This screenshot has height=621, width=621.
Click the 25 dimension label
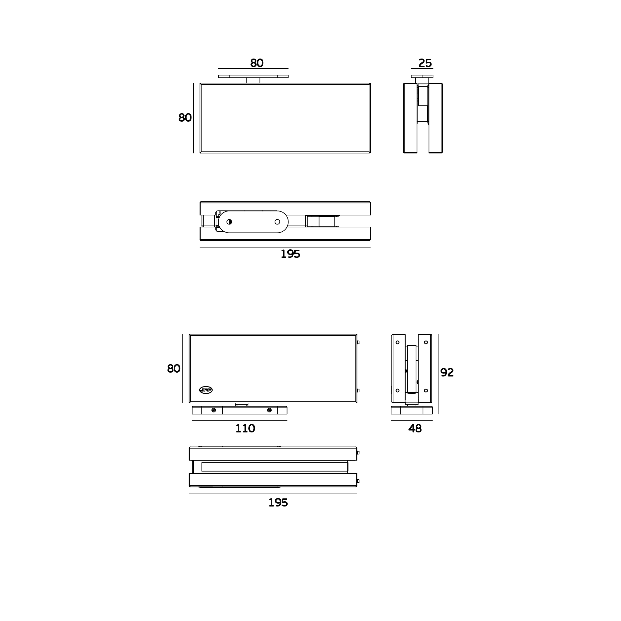click(425, 63)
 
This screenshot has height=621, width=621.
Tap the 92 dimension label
click(447, 373)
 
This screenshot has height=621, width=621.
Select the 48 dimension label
click(415, 429)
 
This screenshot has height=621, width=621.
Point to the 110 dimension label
click(245, 429)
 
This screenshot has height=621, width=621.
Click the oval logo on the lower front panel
click(206, 390)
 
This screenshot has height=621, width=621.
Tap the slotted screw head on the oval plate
click(229, 222)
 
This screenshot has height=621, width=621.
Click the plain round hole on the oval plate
click(277, 222)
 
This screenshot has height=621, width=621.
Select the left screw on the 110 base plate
click(214, 410)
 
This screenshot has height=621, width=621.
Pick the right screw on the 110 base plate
click(269, 410)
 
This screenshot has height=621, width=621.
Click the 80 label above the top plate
click(257, 63)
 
